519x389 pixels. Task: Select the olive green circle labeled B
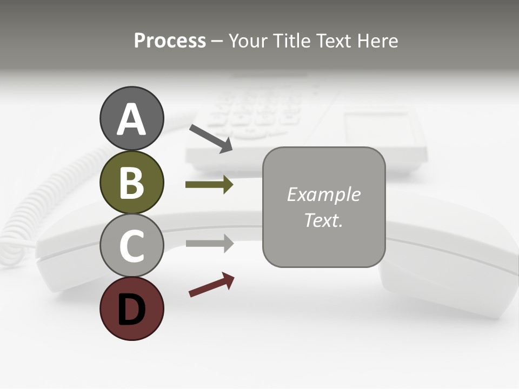131,182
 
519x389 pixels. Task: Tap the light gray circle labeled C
131,245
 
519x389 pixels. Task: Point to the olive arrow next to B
209,185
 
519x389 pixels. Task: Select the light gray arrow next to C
209,244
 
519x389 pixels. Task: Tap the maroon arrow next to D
211,285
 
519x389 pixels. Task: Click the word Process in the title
170,41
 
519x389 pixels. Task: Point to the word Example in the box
323,194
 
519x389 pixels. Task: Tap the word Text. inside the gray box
323,220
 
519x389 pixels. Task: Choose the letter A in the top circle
131,119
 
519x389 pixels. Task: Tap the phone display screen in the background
382,130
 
